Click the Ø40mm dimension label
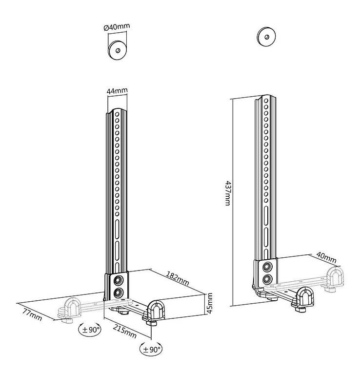point(117,27)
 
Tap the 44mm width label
point(117,91)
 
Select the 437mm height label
point(228,193)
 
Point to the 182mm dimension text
point(178,278)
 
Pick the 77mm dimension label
point(32,314)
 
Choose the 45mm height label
point(209,303)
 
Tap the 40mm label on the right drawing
point(326,257)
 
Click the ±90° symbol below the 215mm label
point(151,350)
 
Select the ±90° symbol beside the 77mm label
point(90,330)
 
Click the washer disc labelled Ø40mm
point(117,50)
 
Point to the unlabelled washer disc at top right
point(266,37)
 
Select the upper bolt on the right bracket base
point(267,267)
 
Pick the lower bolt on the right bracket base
point(267,279)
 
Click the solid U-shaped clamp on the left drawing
point(156,311)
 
